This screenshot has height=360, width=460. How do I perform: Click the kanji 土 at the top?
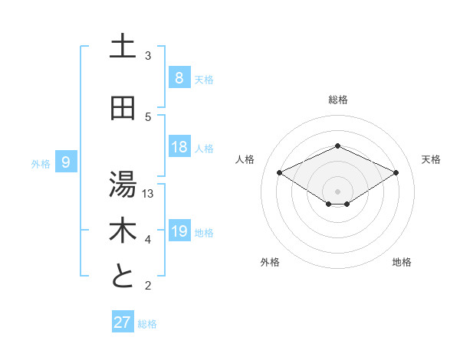coord(123,47)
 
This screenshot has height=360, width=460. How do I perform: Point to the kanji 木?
coord(123,230)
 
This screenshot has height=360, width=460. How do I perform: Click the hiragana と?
coord(123,277)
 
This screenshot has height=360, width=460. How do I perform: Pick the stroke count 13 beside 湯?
coord(149,194)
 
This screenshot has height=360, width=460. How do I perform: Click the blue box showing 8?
coord(179,77)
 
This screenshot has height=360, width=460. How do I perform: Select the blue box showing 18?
coord(179,147)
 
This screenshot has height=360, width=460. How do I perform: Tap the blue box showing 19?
coord(179,231)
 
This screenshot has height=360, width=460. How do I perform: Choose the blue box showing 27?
coord(123,322)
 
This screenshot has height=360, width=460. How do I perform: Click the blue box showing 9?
coord(66,162)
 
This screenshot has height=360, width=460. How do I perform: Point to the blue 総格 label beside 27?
coord(148,323)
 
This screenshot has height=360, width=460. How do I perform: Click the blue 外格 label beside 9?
coord(41,163)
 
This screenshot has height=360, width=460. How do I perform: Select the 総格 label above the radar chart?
coord(337,100)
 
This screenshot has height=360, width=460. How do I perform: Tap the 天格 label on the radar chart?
coord(431,159)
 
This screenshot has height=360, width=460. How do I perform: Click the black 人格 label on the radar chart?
coord(245,159)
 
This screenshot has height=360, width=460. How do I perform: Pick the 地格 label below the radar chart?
coord(402,262)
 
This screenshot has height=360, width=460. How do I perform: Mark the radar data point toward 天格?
coord(396,173)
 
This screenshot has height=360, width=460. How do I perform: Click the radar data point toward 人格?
coord(280,173)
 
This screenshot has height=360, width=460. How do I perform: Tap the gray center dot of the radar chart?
coord(337,191)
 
